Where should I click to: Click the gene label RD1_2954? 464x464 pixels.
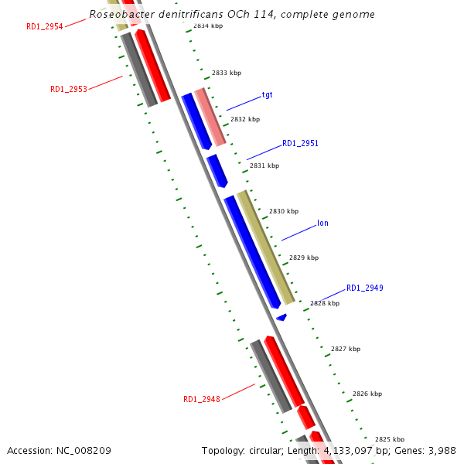coord(45,26)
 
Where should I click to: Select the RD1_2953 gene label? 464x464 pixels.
coord(69,89)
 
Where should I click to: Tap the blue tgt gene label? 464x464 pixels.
coord(267,95)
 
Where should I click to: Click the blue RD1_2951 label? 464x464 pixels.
coord(300,144)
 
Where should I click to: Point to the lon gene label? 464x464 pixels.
coord(322,223)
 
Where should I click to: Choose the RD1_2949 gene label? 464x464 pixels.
coord(364,288)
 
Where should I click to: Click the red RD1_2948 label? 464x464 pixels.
coord(202,399)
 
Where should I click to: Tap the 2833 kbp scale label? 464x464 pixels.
coord(227,73)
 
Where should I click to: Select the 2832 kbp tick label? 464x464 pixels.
coord(245,120)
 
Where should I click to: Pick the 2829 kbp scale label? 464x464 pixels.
coord(304,258)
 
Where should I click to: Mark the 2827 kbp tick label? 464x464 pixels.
coord(346,349)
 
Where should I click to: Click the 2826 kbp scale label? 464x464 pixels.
coord(367,394)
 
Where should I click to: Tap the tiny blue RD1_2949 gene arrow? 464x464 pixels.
coord(281,317)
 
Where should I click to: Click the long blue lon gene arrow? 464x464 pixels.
coord(252,251)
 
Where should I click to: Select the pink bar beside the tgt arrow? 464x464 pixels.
coord(210,117)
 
